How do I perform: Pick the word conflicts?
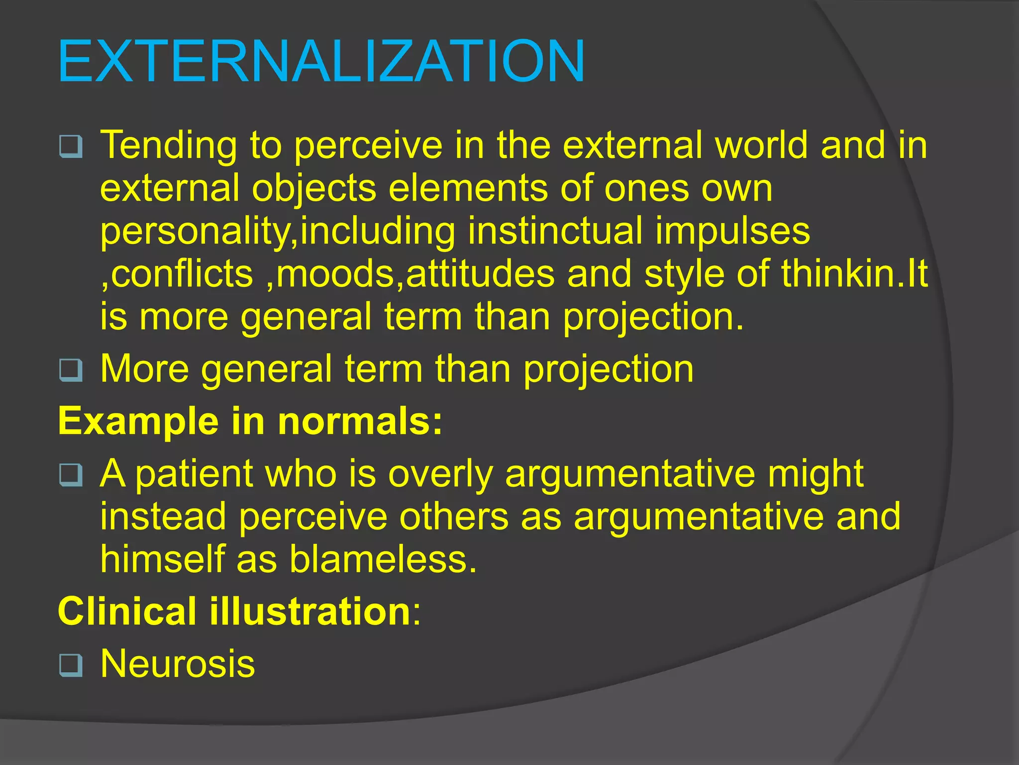(182, 274)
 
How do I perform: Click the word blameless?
(383, 559)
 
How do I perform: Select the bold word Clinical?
(127, 611)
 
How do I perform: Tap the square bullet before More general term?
(71, 370)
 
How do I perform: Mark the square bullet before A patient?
(71, 475)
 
